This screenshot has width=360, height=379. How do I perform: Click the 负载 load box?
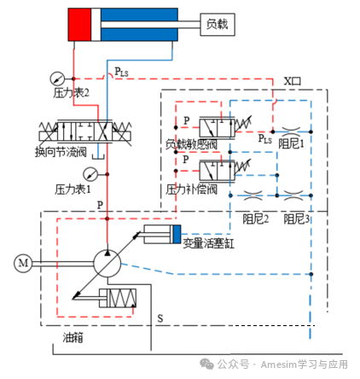coord(218,25)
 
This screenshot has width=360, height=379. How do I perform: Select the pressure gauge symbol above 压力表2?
coord(56,76)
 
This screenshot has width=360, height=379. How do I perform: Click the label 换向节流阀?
coord(61,152)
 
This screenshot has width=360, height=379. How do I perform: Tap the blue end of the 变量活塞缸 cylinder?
coord(177,233)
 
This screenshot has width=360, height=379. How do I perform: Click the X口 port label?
coord(293,80)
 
